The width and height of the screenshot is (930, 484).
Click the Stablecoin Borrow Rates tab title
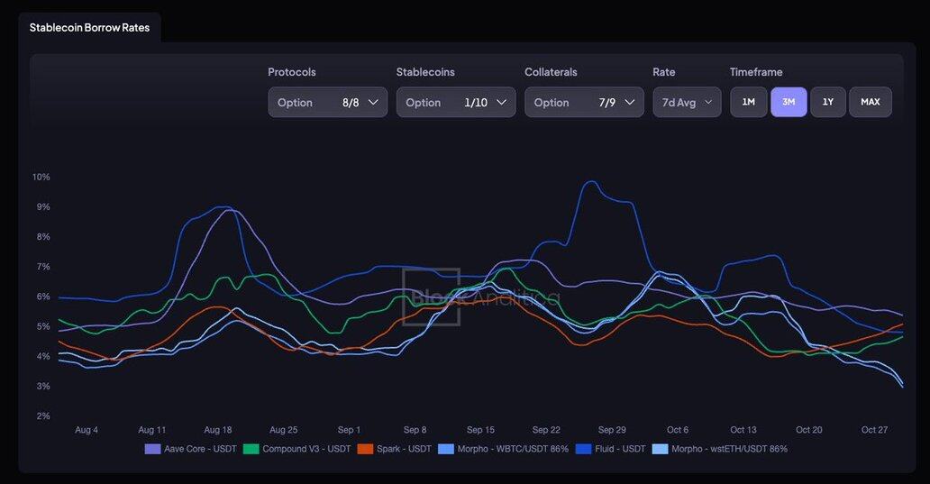click(x=89, y=28)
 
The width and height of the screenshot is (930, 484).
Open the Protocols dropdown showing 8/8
click(x=327, y=102)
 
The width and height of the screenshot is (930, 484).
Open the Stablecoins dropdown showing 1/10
click(x=455, y=102)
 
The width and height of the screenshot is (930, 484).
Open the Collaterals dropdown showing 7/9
click(x=584, y=102)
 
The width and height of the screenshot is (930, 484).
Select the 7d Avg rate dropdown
click(x=687, y=102)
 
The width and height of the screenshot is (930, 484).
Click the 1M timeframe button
click(x=748, y=102)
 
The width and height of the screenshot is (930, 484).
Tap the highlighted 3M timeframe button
click(x=789, y=102)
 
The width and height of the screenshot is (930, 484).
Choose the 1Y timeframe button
click(x=828, y=102)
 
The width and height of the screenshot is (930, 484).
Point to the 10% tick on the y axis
click(x=41, y=177)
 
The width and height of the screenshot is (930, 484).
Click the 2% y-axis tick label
click(x=42, y=416)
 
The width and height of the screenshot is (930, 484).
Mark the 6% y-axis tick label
click(x=42, y=297)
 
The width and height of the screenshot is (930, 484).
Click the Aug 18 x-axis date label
click(x=218, y=430)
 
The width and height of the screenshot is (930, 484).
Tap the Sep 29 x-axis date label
click(x=612, y=430)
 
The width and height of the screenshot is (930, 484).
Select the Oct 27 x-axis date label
click(x=874, y=430)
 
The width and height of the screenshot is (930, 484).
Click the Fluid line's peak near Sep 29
click(x=590, y=182)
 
